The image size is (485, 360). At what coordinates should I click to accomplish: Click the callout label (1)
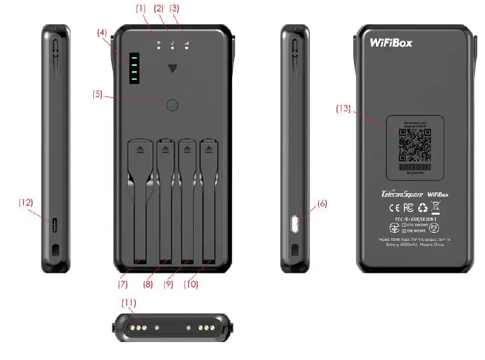coord(140,9)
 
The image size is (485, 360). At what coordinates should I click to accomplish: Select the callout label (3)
coord(176,9)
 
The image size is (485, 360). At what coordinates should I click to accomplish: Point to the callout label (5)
coord(98,94)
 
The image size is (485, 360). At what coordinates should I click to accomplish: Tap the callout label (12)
coord(25,202)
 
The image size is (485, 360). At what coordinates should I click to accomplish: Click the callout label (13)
coord(344,109)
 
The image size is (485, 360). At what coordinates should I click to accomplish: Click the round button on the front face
coord(173,104)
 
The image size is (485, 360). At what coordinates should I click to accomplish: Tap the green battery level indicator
coord(133,69)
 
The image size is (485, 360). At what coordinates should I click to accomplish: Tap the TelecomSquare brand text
coord(397,194)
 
